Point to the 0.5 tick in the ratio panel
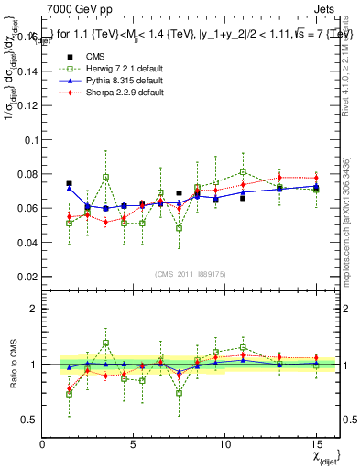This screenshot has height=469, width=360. tap(29, 420)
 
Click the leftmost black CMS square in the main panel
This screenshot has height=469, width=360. tap(69, 184)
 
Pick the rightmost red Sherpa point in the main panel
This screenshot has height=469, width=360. tap(316, 178)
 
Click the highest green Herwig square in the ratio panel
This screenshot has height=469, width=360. tap(105, 344)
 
